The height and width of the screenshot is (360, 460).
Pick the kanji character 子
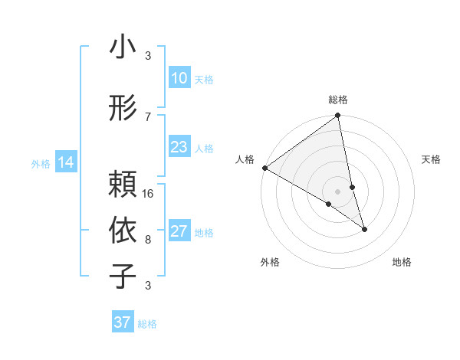click(123, 276)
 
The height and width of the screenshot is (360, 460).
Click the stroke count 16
click(149, 194)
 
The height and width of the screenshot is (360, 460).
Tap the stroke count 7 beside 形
click(148, 116)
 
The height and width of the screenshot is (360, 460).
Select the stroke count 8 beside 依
click(148, 239)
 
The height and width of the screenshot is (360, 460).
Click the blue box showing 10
click(179, 78)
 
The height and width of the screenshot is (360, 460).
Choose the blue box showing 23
click(179, 147)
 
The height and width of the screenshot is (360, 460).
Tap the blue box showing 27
click(179, 232)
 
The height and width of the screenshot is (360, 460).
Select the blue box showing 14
click(65, 162)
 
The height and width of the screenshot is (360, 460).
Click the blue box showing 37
click(122, 322)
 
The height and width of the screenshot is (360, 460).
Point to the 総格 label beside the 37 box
click(147, 324)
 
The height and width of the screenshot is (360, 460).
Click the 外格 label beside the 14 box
click(41, 163)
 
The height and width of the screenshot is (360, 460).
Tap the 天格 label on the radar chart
click(432, 159)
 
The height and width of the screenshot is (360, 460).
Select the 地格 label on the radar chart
click(402, 262)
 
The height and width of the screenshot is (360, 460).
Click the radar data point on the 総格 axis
click(337, 116)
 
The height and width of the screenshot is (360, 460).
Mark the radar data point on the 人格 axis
click(264, 167)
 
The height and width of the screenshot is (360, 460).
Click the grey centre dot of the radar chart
click(337, 191)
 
